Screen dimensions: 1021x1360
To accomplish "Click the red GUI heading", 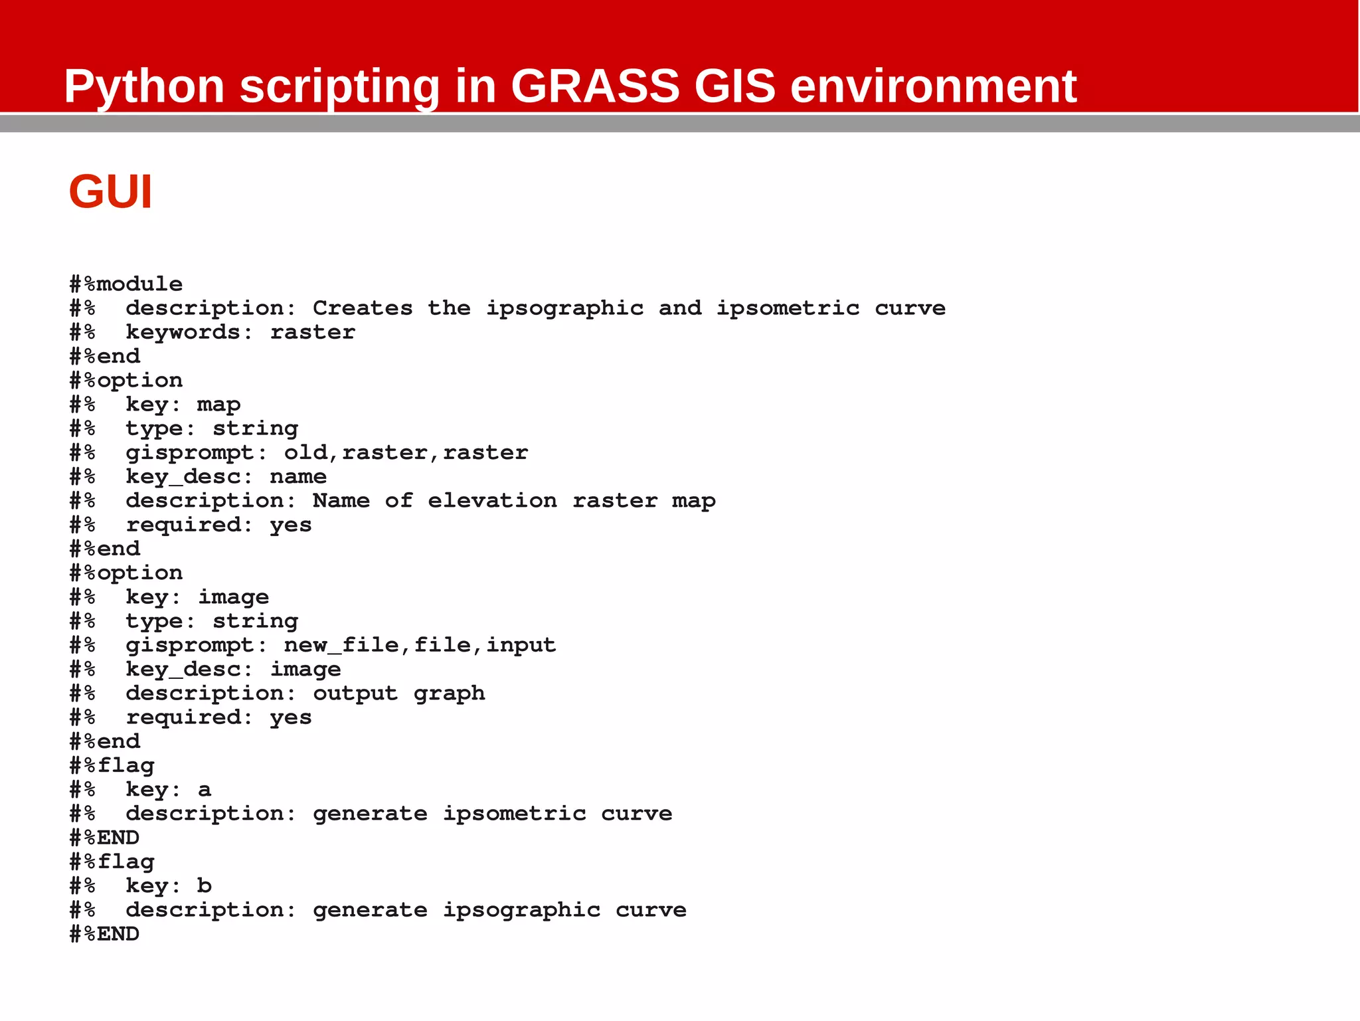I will (110, 192).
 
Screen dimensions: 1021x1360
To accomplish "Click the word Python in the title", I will (144, 86).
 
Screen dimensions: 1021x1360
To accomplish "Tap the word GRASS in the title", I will (595, 86).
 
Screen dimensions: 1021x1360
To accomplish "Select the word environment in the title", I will (933, 86).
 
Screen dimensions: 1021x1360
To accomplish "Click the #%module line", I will (126, 284).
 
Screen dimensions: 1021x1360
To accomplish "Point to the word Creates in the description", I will (363, 308).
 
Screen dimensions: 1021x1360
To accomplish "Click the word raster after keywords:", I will (312, 332).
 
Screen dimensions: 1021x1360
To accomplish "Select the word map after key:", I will (218, 405).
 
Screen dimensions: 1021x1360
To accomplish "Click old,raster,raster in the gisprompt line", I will (406, 453).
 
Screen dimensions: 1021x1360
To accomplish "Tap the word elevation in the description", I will (492, 501).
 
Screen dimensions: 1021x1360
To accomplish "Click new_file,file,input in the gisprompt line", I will (420, 645).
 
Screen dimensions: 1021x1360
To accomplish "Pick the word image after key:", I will (233, 597).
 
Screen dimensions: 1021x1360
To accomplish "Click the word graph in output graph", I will (449, 694).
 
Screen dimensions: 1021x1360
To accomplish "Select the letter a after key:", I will (205, 790).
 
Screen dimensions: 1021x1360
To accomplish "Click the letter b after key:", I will (205, 885).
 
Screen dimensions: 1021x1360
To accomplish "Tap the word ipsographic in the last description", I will (522, 910).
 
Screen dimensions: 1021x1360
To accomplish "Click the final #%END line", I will (105, 934).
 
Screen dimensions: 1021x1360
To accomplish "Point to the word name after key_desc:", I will (298, 477).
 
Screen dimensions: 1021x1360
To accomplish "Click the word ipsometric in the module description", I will (788, 308).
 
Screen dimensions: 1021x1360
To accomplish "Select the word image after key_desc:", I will (305, 670).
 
